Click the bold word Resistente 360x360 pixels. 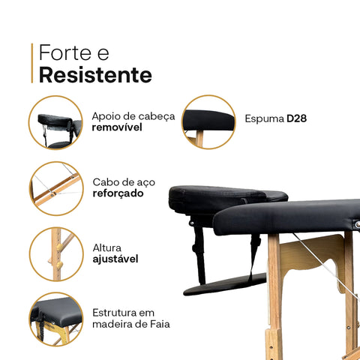(x=95, y=75)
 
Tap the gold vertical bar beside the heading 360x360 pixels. (x=32, y=63)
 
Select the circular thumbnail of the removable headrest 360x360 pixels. (x=55, y=121)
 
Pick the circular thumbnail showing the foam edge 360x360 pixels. (x=209, y=121)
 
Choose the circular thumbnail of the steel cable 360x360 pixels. (x=55, y=188)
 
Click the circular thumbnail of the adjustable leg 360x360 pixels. (x=55, y=254)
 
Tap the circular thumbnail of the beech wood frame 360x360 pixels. (x=55, y=319)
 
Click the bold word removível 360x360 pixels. (x=117, y=127)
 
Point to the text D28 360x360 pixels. (x=297, y=118)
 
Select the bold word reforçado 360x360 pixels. (x=118, y=193)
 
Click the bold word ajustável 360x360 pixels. (x=115, y=259)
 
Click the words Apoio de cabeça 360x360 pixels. (x=133, y=115)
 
